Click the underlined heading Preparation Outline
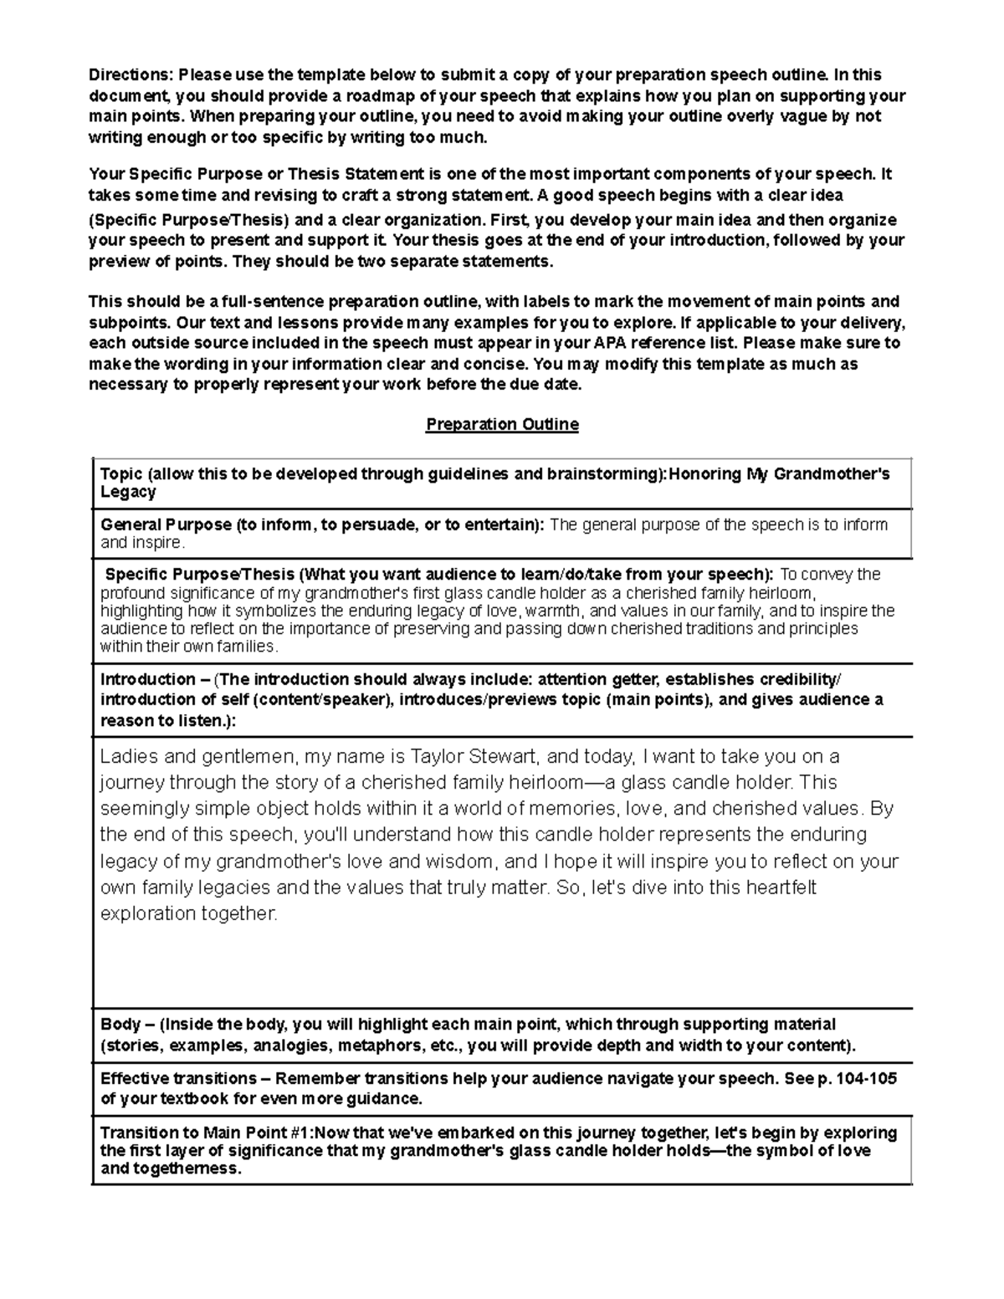(x=502, y=424)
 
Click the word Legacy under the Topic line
(x=128, y=492)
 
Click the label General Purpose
(x=166, y=524)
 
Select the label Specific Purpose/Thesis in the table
(x=199, y=575)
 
